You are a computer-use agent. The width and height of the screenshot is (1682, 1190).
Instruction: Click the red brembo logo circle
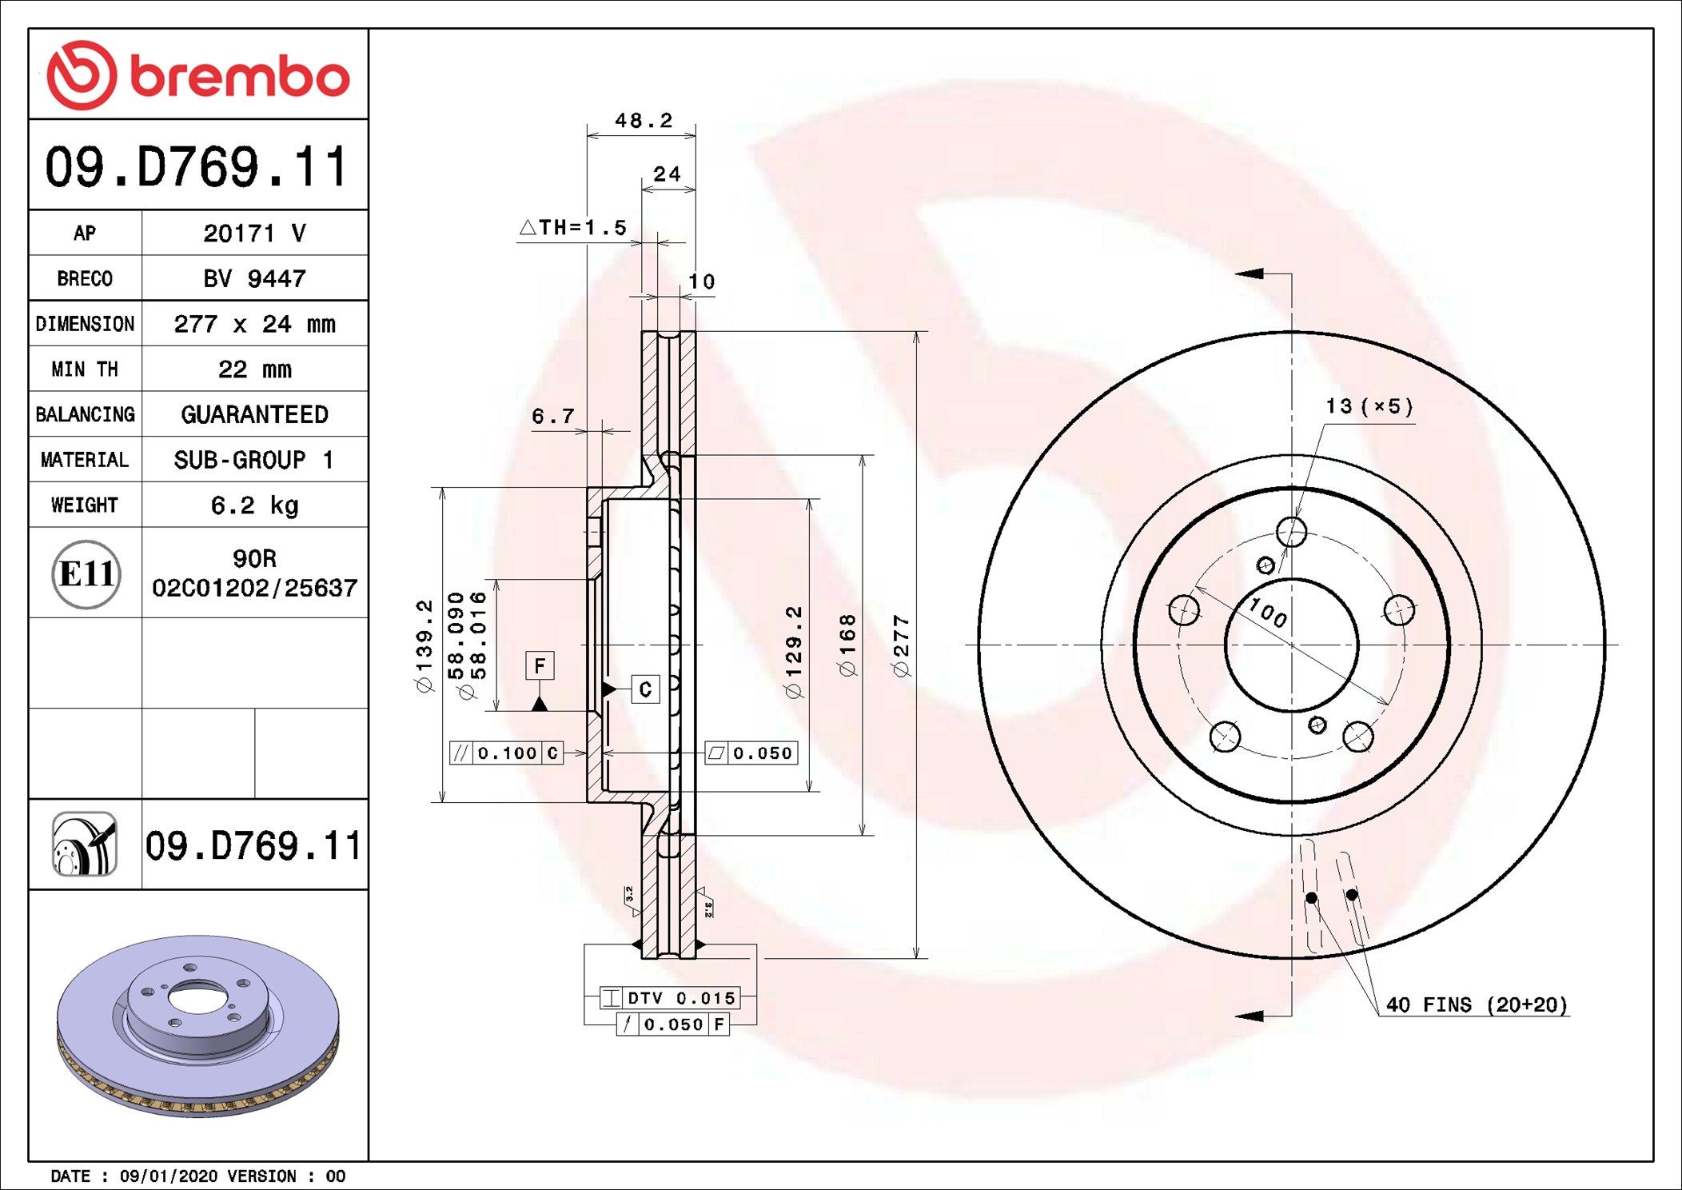pyautogui.click(x=82, y=75)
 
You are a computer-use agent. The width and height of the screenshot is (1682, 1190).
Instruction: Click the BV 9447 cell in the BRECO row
pyautogui.click(x=254, y=278)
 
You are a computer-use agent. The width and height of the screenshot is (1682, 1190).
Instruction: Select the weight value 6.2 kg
pyautogui.click(x=254, y=505)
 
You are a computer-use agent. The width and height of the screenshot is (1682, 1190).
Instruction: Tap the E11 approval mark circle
pyautogui.click(x=86, y=573)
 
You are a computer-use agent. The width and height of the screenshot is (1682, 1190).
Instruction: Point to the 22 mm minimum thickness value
pyautogui.click(x=254, y=369)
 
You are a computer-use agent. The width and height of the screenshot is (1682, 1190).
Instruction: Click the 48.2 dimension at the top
pyautogui.click(x=643, y=121)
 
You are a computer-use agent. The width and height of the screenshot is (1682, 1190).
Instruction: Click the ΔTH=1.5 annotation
pyautogui.click(x=574, y=228)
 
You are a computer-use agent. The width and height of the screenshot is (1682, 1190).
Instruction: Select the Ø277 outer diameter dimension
pyautogui.click(x=901, y=646)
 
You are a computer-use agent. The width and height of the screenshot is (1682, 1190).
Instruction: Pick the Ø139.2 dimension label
pyautogui.click(x=424, y=646)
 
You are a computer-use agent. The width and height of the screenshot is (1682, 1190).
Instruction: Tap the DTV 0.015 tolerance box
pyautogui.click(x=670, y=998)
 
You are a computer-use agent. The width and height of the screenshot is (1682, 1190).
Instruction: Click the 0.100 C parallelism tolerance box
pyautogui.click(x=507, y=753)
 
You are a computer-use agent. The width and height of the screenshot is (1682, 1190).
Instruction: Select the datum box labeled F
pyautogui.click(x=540, y=665)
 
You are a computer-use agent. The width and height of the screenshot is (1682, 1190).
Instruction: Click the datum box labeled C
pyautogui.click(x=645, y=689)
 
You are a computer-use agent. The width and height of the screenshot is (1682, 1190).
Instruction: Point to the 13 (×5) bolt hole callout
pyautogui.click(x=1369, y=407)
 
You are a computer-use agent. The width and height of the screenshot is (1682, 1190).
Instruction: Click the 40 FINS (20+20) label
pyautogui.click(x=1476, y=1005)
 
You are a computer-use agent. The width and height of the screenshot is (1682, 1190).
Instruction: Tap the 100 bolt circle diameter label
pyautogui.click(x=1268, y=613)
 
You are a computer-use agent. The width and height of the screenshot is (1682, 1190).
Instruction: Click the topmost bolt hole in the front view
pyautogui.click(x=1291, y=531)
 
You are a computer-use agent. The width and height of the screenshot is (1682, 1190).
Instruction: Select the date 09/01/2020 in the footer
pyautogui.click(x=168, y=1176)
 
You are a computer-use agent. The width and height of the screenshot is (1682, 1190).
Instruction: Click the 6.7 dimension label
pyautogui.click(x=553, y=417)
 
